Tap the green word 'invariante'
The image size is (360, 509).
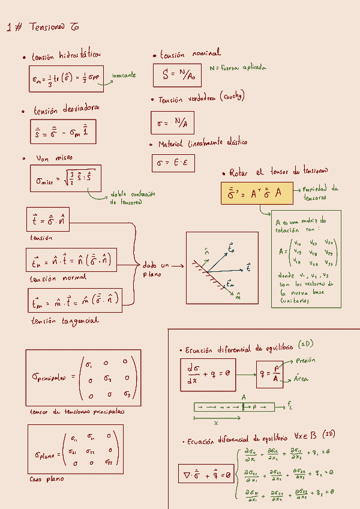click(x=124, y=75)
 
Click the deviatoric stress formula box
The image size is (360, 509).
click(x=62, y=132)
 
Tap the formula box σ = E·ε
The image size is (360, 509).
click(x=173, y=163)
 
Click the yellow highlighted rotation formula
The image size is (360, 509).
click(x=256, y=194)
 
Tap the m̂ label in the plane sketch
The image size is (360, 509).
click(x=238, y=295)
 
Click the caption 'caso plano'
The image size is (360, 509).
click(x=46, y=480)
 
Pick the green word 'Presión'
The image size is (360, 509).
click(x=305, y=361)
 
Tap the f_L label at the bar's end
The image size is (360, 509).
click(x=290, y=406)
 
